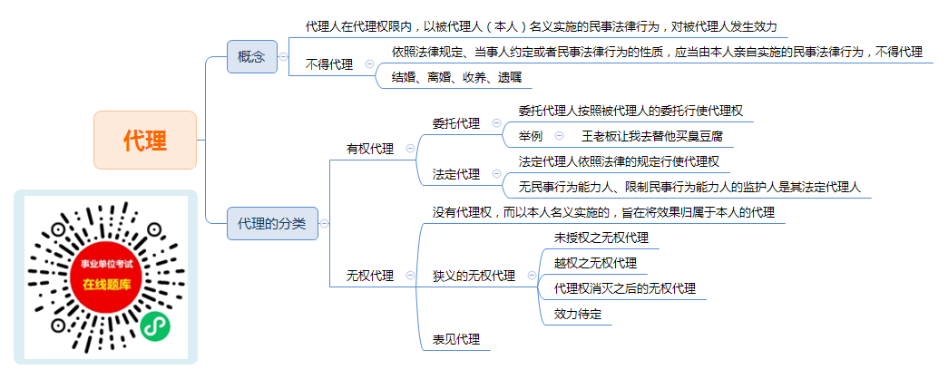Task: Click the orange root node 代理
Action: pyautogui.click(x=145, y=141)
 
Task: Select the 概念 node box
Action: pyautogui.click(x=251, y=57)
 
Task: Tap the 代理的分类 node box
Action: pyautogui.click(x=272, y=224)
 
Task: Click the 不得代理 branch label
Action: pyautogui.click(x=329, y=64)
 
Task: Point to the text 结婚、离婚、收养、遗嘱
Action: pyautogui.click(x=456, y=77)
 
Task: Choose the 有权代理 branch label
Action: pyautogui.click(x=370, y=149)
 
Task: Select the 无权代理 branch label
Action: pyautogui.click(x=370, y=276)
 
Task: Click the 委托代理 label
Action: pyautogui.click(x=456, y=123)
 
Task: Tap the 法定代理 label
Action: pyautogui.click(x=456, y=174)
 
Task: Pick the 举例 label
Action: pyautogui.click(x=530, y=136)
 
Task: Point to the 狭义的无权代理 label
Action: pyautogui.click(x=474, y=276)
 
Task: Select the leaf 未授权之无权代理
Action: pyautogui.click(x=601, y=238)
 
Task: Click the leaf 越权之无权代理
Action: pyautogui.click(x=595, y=263)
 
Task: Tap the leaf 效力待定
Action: pyautogui.click(x=578, y=314)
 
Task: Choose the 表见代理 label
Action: pyautogui.click(x=456, y=339)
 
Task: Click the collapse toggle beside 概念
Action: pyautogui.click(x=284, y=57)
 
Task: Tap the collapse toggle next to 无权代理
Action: pyautogui.click(x=411, y=276)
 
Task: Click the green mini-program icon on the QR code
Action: pyautogui.click(x=155, y=327)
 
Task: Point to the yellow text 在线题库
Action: pyautogui.click(x=106, y=285)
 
